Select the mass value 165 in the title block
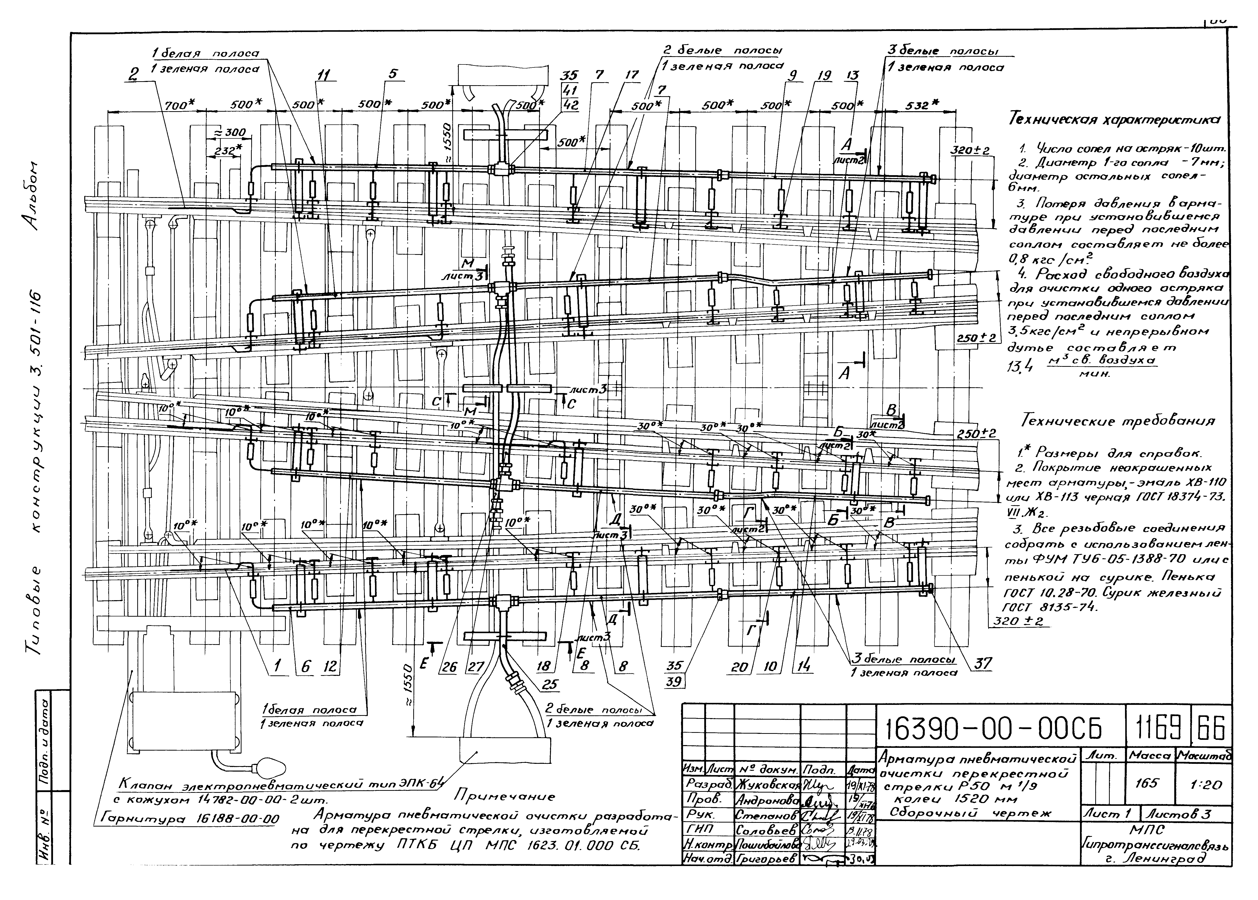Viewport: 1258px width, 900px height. click(x=1146, y=783)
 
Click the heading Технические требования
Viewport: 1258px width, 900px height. click(x=1116, y=421)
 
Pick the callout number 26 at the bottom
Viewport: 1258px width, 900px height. click(x=449, y=667)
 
